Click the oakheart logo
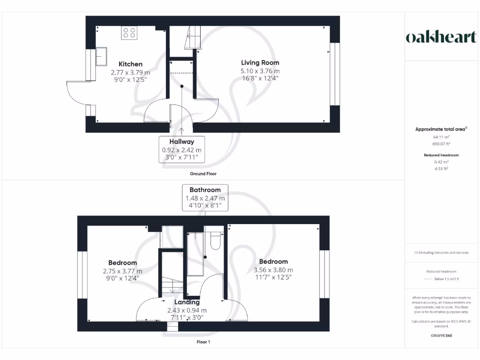[441, 37]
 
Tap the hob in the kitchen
[129, 33]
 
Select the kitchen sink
[101, 57]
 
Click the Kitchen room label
[130, 64]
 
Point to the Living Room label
[260, 63]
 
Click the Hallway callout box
[182, 149]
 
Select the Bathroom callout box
[205, 198]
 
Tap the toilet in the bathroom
[216, 240]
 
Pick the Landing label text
[187, 302]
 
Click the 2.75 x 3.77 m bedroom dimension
[122, 271]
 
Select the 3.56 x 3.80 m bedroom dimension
[273, 270]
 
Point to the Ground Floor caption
[203, 174]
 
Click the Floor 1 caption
[203, 342]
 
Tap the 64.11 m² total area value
[441, 137]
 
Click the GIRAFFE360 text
[441, 336]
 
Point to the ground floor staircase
[192, 37]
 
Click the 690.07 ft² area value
[441, 144]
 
